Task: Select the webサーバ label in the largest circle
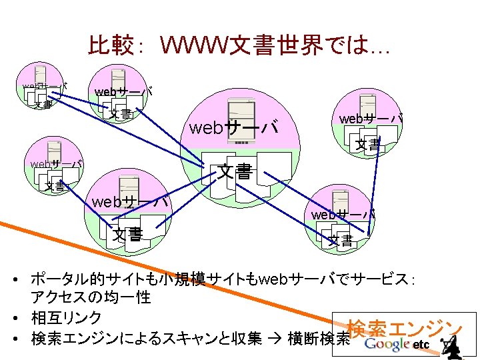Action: pyautogui.click(x=233, y=128)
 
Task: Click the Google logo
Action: pyautogui.click(x=387, y=344)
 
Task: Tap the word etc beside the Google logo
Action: pyautogui.click(x=421, y=345)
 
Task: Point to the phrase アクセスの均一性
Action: pyautogui.click(x=91, y=296)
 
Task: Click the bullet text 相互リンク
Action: pyautogui.click(x=66, y=317)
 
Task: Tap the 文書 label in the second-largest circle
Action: pyautogui.click(x=127, y=235)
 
